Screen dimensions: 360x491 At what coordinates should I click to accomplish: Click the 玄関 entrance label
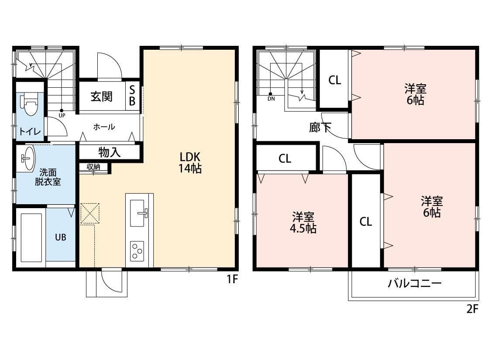click(101, 96)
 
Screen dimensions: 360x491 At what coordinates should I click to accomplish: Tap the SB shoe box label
click(133, 96)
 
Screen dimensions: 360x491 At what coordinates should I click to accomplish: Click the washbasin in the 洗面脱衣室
click(27, 158)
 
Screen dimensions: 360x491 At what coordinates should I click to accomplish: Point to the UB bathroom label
click(60, 237)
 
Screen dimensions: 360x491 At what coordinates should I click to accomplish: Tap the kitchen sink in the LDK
click(139, 213)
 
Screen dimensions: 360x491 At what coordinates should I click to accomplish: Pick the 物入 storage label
click(109, 152)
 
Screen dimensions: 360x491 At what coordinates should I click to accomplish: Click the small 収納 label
click(93, 166)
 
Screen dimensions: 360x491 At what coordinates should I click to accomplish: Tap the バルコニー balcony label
click(415, 284)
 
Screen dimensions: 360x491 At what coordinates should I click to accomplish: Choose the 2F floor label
click(473, 309)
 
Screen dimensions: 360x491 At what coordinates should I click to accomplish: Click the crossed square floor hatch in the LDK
click(90, 214)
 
